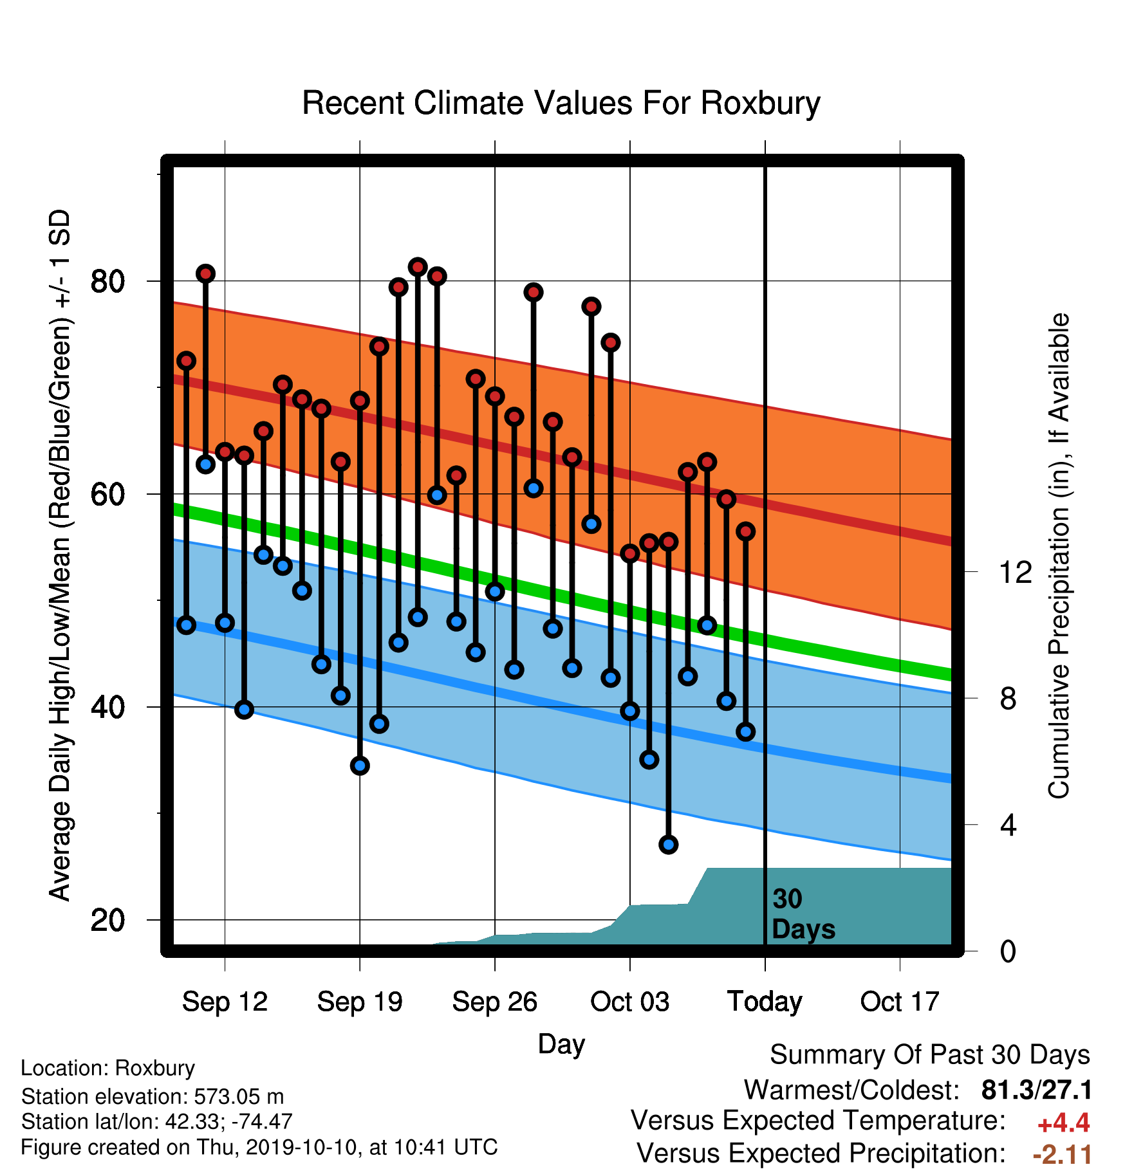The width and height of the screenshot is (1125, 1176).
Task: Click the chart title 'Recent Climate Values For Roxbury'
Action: pyautogui.click(x=561, y=104)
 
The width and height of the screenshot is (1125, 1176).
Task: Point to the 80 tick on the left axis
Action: pyautogui.click(x=107, y=282)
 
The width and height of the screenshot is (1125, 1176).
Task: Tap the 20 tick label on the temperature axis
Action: pyautogui.click(x=107, y=921)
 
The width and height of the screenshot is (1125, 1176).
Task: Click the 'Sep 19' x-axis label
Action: pyautogui.click(x=360, y=1002)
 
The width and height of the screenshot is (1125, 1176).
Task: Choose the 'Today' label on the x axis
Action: pyautogui.click(x=765, y=1002)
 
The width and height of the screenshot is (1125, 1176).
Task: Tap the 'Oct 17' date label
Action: pyautogui.click(x=900, y=1002)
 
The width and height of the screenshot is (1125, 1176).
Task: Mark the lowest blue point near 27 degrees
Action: pyautogui.click(x=669, y=845)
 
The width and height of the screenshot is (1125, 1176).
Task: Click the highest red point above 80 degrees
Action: pyautogui.click(x=418, y=267)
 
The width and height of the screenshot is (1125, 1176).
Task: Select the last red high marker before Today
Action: pyautogui.click(x=745, y=531)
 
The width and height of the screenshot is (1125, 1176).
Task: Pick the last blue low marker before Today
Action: pyautogui.click(x=745, y=731)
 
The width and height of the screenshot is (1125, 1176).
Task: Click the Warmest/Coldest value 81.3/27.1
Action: pyautogui.click(x=1037, y=1090)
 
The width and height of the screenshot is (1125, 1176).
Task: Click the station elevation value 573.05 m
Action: pyautogui.click(x=239, y=1096)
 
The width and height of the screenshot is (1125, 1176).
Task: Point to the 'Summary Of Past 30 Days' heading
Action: pyautogui.click(x=930, y=1055)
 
